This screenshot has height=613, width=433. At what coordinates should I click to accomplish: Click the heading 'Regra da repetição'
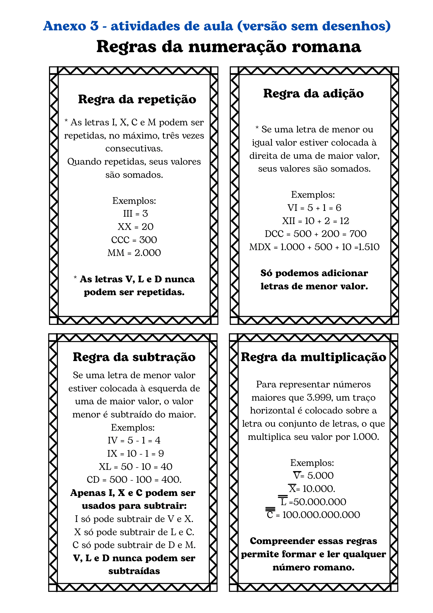click(137, 99)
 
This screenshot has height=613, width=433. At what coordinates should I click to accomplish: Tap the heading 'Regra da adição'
click(314, 93)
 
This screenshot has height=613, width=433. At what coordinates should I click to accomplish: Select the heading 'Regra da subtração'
click(134, 357)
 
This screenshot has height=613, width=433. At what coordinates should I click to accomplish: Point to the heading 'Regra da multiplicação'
click(314, 357)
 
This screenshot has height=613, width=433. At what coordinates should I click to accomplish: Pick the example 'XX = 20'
click(135, 227)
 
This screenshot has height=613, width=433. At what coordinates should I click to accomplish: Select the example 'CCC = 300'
click(134, 240)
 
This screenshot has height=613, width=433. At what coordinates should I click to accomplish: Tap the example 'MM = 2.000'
click(134, 253)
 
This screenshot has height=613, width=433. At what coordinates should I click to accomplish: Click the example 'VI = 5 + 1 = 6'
click(314, 208)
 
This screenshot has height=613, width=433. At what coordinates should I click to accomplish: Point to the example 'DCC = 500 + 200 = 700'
click(315, 234)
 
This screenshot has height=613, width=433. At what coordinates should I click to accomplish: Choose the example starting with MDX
click(314, 247)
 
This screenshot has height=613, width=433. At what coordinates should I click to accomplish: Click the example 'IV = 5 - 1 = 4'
click(134, 440)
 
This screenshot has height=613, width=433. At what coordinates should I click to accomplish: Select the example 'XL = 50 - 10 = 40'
click(135, 467)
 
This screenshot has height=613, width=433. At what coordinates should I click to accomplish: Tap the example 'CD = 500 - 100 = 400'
click(134, 480)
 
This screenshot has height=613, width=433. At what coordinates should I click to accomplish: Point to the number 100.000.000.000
click(321, 515)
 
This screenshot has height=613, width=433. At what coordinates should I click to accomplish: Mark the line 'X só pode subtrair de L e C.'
click(134, 532)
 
